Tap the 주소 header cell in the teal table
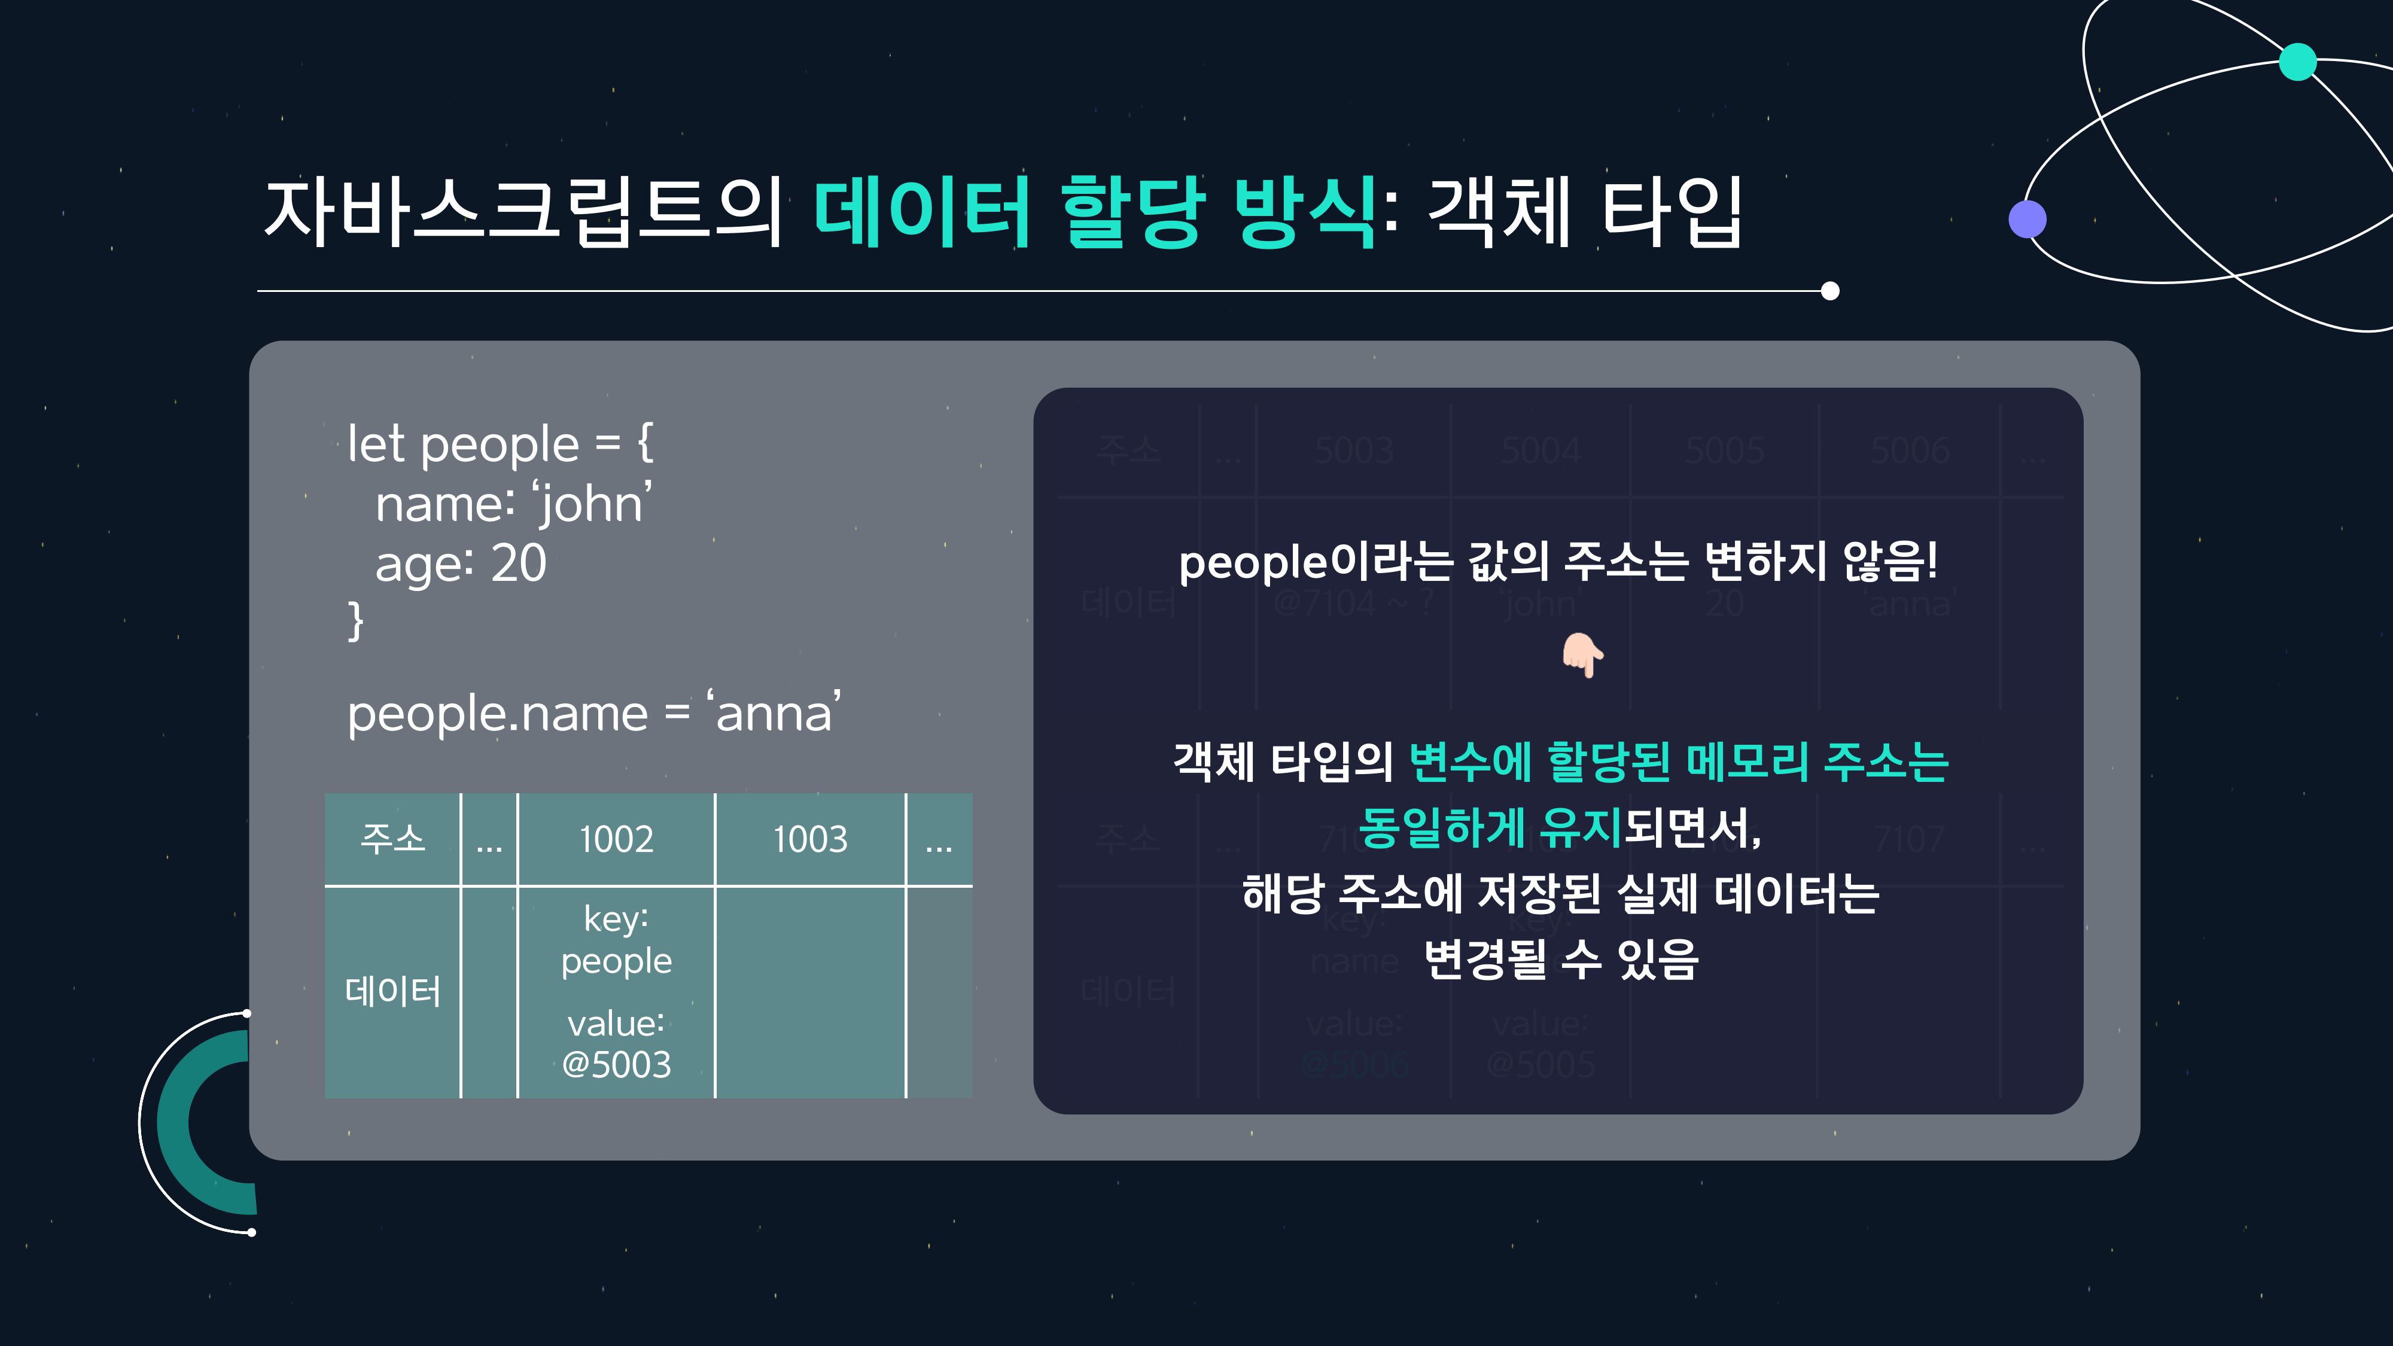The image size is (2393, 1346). [x=392, y=839]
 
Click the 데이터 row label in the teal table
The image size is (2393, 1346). [x=392, y=992]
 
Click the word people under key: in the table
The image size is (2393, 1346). [x=616, y=961]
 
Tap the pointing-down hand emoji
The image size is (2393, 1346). [x=1582, y=656]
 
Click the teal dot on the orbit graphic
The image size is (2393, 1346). [x=2297, y=62]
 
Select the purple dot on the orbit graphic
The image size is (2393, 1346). [x=2027, y=219]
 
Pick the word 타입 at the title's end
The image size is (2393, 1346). [x=1672, y=213]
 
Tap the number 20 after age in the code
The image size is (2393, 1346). [x=518, y=563]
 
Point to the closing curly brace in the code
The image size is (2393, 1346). [x=355, y=620]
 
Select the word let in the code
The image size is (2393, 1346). [x=376, y=444]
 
